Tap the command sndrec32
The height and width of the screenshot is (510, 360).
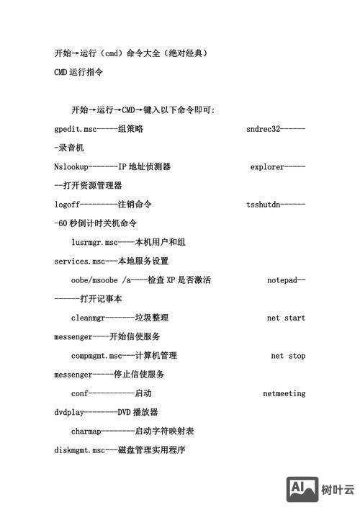262,129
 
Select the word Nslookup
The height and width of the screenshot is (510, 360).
71,167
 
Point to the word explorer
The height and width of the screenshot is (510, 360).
267,167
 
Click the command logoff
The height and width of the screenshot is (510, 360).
66,205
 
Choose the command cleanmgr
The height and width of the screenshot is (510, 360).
88,318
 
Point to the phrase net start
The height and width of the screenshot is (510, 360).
286,318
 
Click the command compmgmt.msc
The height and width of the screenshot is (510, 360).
96,356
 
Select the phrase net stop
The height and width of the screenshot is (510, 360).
288,356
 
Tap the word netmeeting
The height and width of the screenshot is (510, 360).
284,393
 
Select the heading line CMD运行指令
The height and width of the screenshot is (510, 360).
78,72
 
